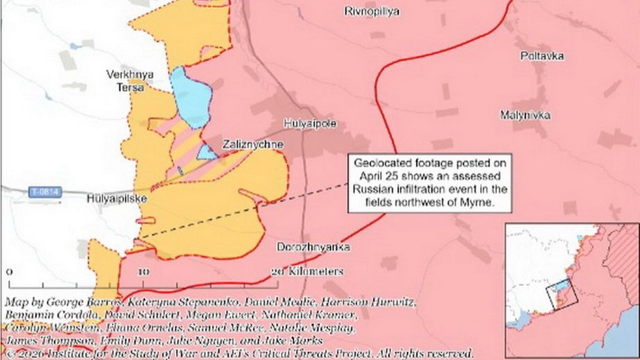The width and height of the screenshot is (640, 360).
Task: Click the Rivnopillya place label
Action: [x=372, y=11]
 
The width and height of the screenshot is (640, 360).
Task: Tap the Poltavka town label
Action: [x=542, y=55]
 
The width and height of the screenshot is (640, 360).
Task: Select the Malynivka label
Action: [x=525, y=114]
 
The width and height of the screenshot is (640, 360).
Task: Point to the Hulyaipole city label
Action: [x=310, y=123]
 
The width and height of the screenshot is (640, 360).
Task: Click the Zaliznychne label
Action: [x=252, y=144]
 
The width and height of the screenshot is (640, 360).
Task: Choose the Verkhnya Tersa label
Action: [x=130, y=80]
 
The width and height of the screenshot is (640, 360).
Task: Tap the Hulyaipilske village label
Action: [x=114, y=198]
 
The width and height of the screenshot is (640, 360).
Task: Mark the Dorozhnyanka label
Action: [x=313, y=247]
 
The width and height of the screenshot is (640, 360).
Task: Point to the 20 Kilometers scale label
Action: [x=307, y=271]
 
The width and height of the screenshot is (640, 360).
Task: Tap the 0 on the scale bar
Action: [x=8, y=271]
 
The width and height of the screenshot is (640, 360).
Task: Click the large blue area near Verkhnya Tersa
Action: [x=190, y=97]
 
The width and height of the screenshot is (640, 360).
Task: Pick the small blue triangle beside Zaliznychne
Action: [x=207, y=152]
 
